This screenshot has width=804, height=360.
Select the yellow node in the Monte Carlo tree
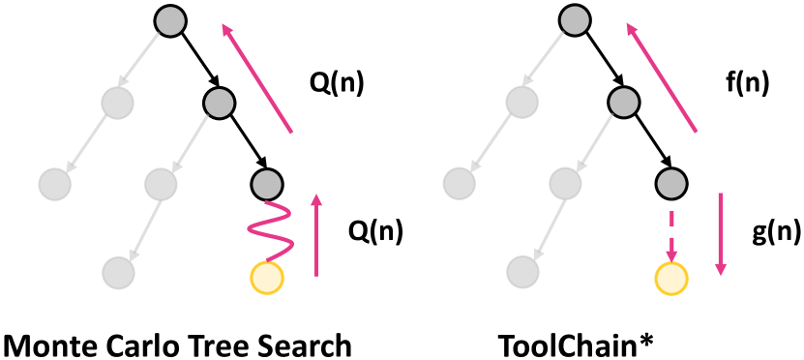[266, 278]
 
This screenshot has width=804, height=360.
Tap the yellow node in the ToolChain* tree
[670, 278]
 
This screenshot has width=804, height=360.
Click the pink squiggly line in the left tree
[266, 229]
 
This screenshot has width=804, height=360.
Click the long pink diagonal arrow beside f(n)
[663, 77]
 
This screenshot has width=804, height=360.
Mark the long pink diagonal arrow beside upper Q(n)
[258, 77]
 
